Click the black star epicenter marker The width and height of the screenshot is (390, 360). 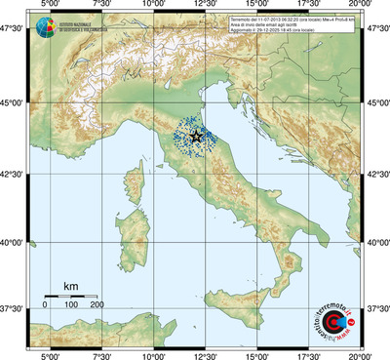click(x=198, y=137)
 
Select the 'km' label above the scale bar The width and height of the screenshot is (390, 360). click(x=70, y=286)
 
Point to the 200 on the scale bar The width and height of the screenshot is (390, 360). click(x=97, y=305)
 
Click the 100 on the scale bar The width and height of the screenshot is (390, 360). click(x=71, y=305)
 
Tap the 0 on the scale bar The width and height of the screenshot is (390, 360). click(x=45, y=305)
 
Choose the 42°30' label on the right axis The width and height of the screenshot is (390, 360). click(x=377, y=174)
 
